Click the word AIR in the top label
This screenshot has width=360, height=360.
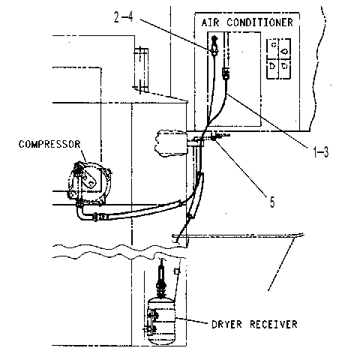(x=210, y=22)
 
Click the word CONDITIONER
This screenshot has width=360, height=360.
(x=259, y=22)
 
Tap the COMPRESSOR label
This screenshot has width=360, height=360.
(x=49, y=144)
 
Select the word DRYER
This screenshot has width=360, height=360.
(x=226, y=325)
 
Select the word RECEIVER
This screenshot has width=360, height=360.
(x=274, y=325)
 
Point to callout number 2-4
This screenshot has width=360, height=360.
(x=124, y=17)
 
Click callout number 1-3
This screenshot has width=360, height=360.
(x=321, y=151)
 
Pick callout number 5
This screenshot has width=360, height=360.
(x=272, y=202)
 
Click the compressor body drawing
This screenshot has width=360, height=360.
(x=89, y=182)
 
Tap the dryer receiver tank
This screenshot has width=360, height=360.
(x=161, y=322)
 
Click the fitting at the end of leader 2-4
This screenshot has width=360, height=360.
(x=214, y=46)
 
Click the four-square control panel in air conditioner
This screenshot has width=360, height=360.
(x=279, y=58)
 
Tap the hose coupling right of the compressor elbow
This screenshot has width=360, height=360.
(x=101, y=217)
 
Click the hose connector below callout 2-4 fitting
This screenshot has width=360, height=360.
(x=226, y=73)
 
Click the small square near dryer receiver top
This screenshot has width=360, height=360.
(x=177, y=271)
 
